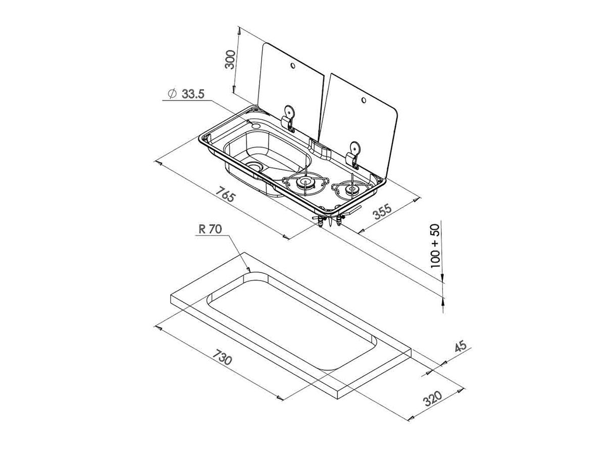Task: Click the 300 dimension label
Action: (230, 59)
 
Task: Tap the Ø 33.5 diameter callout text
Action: (186, 94)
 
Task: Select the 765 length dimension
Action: (226, 194)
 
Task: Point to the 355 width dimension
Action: (382, 211)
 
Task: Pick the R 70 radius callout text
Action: (210, 229)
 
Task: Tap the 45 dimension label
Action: (461, 347)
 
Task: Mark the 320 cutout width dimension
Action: (433, 398)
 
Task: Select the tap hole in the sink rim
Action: (256, 126)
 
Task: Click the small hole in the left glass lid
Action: (292, 66)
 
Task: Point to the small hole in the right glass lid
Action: (364, 100)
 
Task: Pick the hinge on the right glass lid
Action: (352, 156)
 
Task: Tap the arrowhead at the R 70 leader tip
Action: (248, 270)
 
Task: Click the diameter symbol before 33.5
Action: (172, 94)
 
